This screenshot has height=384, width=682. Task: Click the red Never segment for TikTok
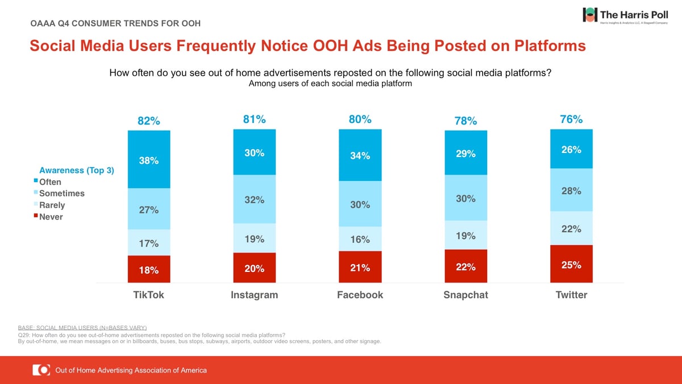[x=149, y=269]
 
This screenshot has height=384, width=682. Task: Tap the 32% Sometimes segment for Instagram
[x=255, y=199]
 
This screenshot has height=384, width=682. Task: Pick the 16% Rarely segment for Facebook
[x=360, y=239]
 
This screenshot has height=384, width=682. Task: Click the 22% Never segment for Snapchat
[x=466, y=266]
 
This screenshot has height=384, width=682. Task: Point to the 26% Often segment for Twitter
[x=571, y=149]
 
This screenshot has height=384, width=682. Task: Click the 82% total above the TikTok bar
[x=149, y=121]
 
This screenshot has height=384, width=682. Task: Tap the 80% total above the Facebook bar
[x=360, y=119]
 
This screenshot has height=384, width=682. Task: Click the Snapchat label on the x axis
[x=465, y=295]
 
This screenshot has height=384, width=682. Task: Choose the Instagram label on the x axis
[x=255, y=295]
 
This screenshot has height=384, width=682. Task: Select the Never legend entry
[x=51, y=217]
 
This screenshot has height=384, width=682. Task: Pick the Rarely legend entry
[x=52, y=205]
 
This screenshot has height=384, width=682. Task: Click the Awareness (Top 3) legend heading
[x=76, y=170]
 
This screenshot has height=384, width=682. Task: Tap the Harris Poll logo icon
[x=590, y=15]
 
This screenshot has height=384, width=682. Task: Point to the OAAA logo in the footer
[x=41, y=370]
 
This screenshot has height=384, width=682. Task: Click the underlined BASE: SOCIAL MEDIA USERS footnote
[x=83, y=328]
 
